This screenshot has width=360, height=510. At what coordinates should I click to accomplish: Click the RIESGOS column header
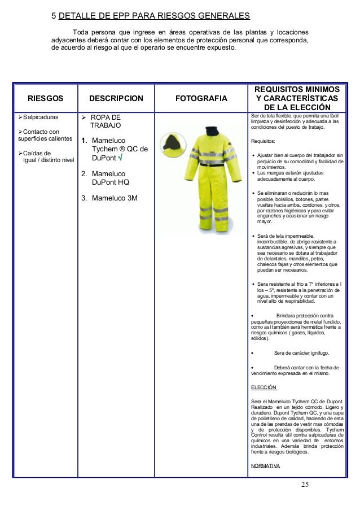(45, 98)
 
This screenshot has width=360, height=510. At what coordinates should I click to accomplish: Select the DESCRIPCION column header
(116, 98)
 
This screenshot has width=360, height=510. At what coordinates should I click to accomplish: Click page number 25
(305, 485)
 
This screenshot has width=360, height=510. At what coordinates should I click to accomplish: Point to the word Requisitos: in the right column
(263, 142)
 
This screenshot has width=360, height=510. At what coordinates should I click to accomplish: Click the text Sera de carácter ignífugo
(301, 353)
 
